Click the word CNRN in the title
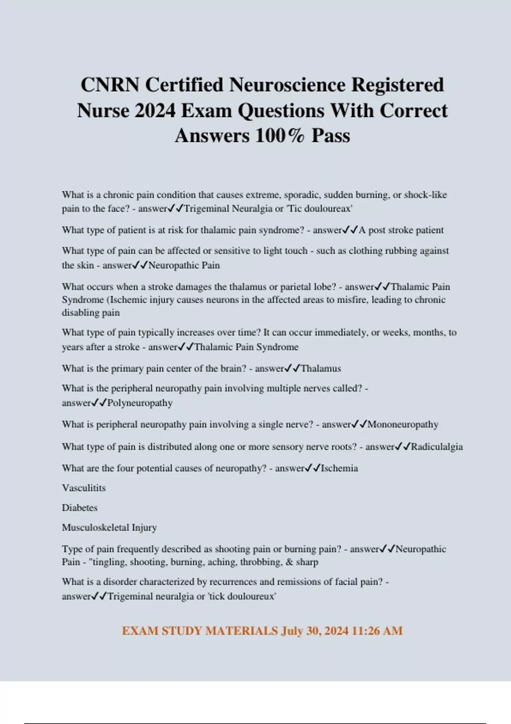coord(110,85)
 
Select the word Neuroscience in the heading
coord(288,85)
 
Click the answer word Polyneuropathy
coord(140,403)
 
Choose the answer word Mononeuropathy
coord(402,424)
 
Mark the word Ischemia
coord(339,468)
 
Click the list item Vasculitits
coord(84,488)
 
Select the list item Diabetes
coord(80,508)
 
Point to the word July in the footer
coord(292,631)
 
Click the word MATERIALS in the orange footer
coord(241,631)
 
